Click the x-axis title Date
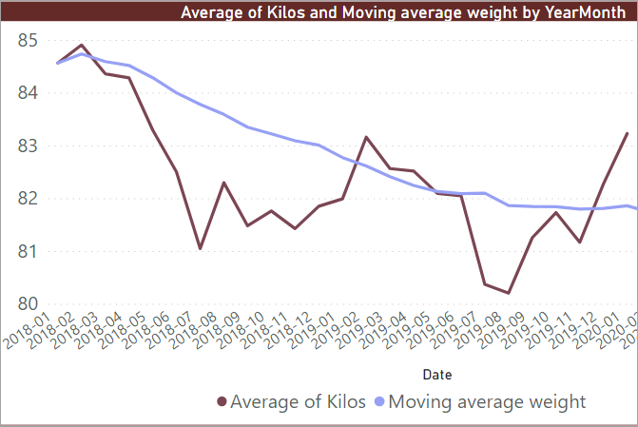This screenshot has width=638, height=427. [437, 375]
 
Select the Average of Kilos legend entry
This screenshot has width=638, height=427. [298, 401]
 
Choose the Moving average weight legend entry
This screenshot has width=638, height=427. [488, 401]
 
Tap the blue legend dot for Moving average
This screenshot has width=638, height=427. [381, 402]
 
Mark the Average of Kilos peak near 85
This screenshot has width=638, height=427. [82, 45]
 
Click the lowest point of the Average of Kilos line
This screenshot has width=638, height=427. [509, 293]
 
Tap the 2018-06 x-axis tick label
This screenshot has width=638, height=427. [157, 333]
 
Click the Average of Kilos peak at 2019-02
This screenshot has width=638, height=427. [366, 137]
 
